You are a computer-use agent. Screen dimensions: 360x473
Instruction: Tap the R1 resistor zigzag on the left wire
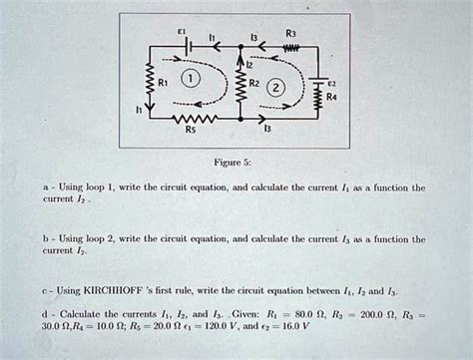tap(150, 84)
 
